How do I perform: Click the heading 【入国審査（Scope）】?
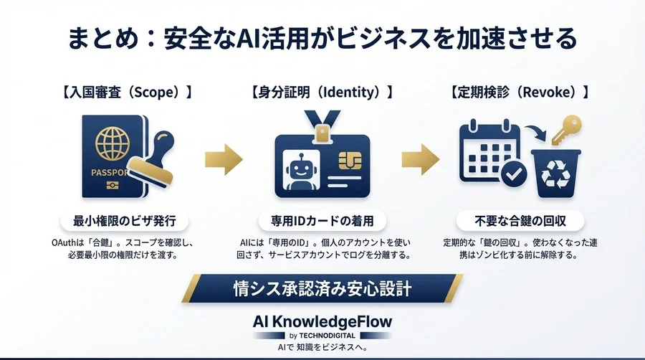(129, 93)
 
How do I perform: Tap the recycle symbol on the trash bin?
(556, 175)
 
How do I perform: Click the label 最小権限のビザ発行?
(129, 220)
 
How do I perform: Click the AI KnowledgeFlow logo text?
(323, 321)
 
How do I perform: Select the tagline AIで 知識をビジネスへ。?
(322, 348)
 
